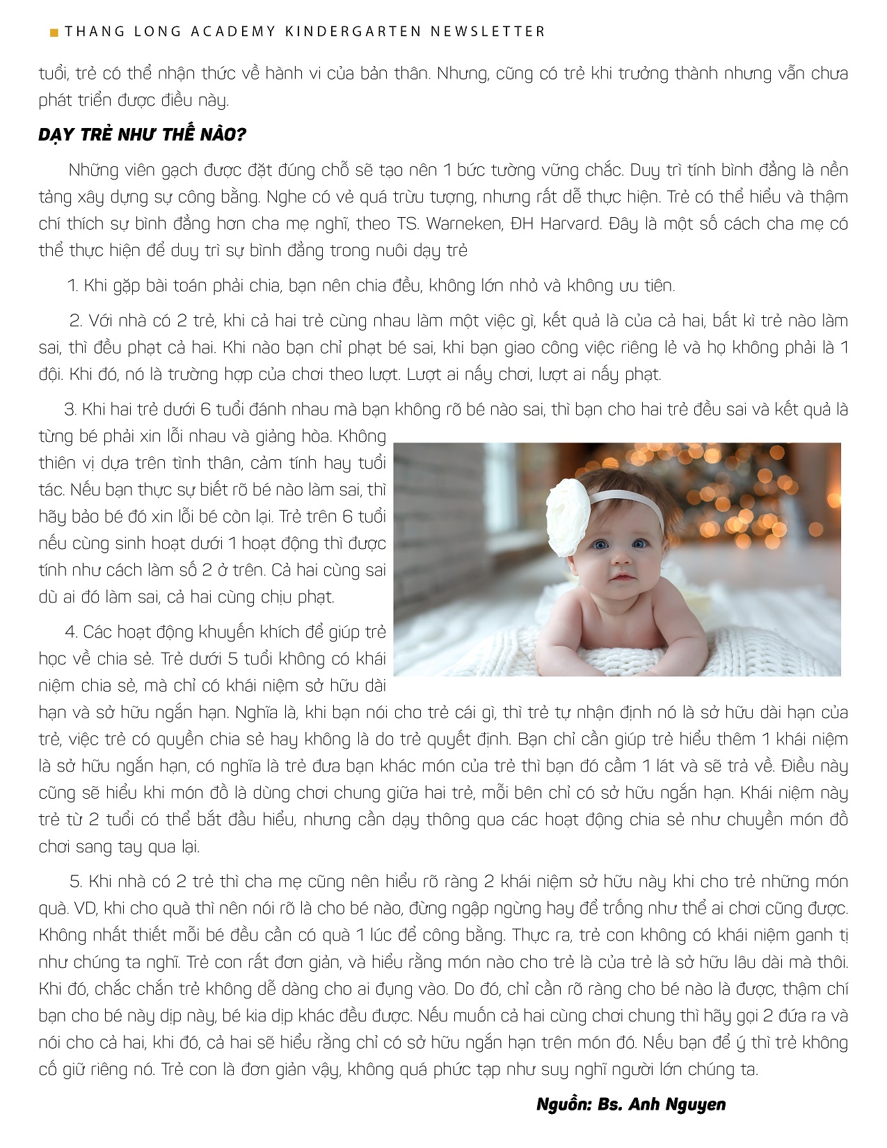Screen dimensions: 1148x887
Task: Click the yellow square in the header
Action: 54,32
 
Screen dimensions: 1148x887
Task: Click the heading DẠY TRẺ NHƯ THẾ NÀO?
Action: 142,135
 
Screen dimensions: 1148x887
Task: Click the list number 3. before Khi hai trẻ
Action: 70,409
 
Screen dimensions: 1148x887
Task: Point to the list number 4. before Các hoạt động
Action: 71,632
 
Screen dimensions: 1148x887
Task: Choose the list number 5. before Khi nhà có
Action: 76,882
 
